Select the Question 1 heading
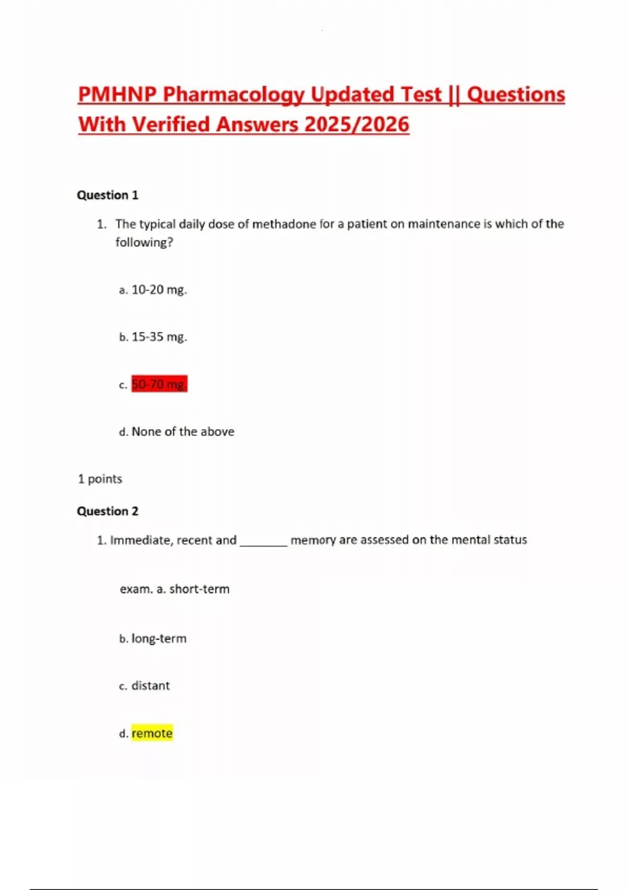[107, 195]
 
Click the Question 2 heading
[107, 511]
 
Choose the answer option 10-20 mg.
[159, 290]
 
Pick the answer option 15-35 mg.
[159, 337]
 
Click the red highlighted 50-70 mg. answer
[159, 384]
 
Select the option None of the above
[183, 431]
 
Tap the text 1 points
[100, 479]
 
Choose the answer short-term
[199, 589]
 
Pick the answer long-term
[159, 639]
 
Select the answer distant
[150, 686]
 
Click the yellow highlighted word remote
[152, 733]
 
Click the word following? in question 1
[144, 242]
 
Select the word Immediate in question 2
[140, 540]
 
